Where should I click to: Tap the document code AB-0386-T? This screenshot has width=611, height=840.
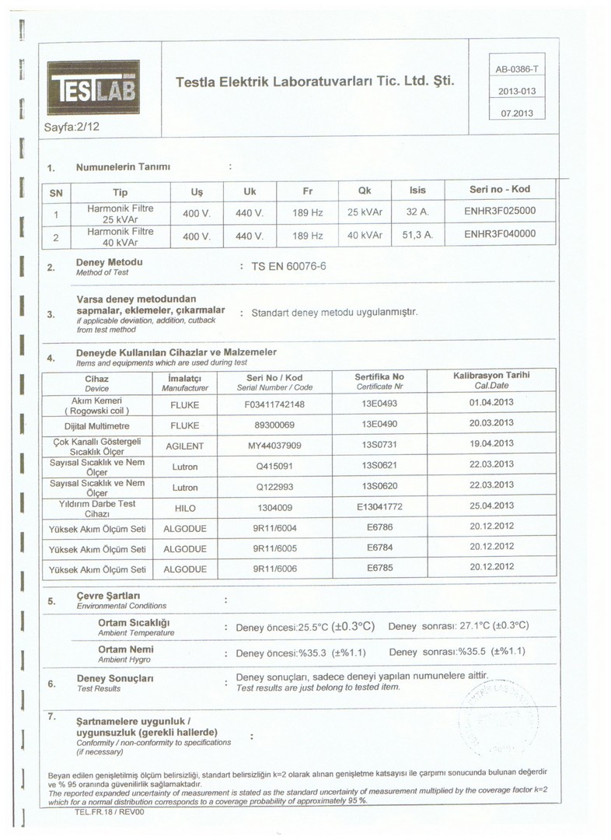coord(516,70)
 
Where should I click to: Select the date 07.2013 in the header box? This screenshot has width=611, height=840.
coord(516,112)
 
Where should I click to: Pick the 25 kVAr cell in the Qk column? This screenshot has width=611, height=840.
coord(365,212)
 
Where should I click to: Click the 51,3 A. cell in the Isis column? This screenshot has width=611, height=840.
coord(417,234)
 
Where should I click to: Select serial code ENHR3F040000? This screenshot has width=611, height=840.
coord(500,233)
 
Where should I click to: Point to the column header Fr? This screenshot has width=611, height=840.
coord(307,191)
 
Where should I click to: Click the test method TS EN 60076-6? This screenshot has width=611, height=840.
coord(289,267)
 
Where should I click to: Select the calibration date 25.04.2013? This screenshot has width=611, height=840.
coord(491,506)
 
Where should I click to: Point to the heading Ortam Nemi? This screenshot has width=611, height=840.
coord(126,649)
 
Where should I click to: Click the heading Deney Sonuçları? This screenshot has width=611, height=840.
coord(113,678)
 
